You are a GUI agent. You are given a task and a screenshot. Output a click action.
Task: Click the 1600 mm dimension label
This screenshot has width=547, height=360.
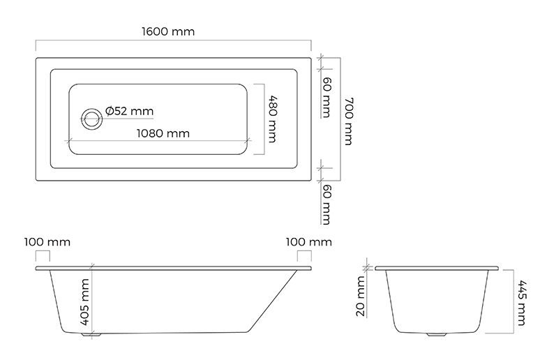(x=168, y=32)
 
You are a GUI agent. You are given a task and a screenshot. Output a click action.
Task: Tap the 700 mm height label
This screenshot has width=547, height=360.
(x=349, y=121)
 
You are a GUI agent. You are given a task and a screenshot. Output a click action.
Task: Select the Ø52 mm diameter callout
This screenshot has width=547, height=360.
(x=130, y=111)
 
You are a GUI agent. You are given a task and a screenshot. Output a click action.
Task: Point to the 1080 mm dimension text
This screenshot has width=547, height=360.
(x=163, y=133)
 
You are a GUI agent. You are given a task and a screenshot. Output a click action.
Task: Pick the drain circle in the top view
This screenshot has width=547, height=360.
(x=92, y=119)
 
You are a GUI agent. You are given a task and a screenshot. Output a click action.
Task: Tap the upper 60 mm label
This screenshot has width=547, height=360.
(x=327, y=97)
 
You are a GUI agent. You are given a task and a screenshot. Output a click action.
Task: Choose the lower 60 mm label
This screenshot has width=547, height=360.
(x=327, y=204)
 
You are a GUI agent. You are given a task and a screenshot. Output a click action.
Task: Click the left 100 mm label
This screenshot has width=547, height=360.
(x=47, y=242)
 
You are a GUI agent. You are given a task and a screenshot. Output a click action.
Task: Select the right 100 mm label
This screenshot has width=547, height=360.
(x=308, y=242)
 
